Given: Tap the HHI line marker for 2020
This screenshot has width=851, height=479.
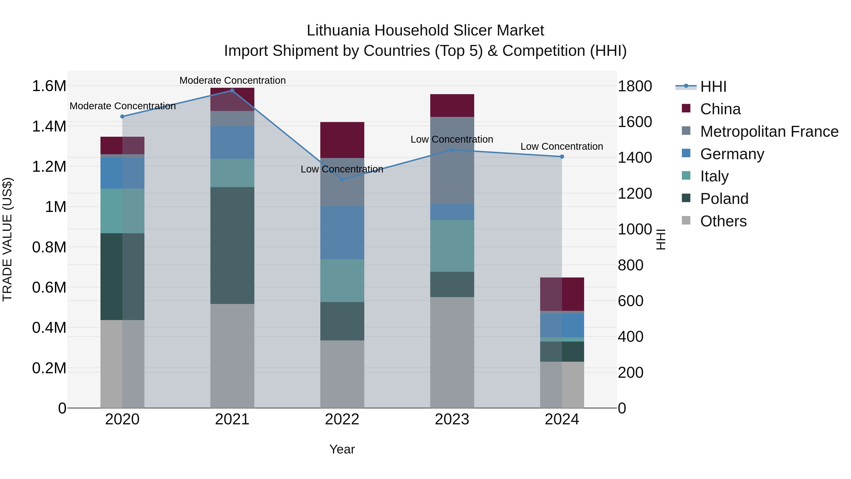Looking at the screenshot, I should coord(122,116).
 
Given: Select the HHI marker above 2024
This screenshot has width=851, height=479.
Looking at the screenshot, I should coord(562,157).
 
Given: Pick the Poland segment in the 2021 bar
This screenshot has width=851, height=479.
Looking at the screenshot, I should coord(232,245).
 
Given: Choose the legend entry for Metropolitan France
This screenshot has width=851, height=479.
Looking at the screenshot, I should coord(769,132).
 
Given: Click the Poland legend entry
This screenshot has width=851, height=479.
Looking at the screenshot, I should coord(724,199).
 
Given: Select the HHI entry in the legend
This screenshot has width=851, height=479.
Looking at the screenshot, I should coord(713,87).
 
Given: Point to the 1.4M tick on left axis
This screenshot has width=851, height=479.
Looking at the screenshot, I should coord(49,126).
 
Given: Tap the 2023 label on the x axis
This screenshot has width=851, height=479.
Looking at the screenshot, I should coord(452,419).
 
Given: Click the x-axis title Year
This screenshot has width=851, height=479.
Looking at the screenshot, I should coord(342,449).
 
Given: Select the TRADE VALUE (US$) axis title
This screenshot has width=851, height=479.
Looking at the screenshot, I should coord(7,239).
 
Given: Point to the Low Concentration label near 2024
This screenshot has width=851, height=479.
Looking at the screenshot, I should coord(562,146).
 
